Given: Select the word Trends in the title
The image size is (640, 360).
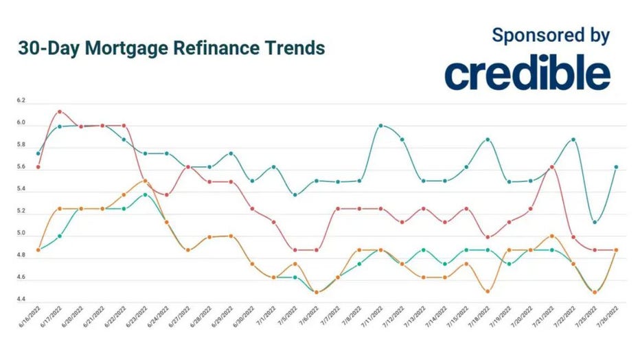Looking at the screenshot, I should pyautogui.click(x=297, y=49).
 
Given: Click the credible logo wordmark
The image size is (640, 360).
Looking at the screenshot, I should pyautogui.click(x=527, y=74).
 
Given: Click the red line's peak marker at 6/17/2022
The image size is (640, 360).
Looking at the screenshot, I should pyautogui.click(x=60, y=111).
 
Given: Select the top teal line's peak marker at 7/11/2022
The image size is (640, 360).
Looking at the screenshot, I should pyautogui.click(x=381, y=126).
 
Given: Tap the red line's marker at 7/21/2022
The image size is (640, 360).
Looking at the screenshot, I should pyautogui.click(x=552, y=167).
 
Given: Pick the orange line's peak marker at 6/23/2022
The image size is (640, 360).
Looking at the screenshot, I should pyautogui.click(x=145, y=181).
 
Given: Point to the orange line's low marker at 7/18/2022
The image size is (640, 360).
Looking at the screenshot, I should pyautogui.click(x=488, y=291).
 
